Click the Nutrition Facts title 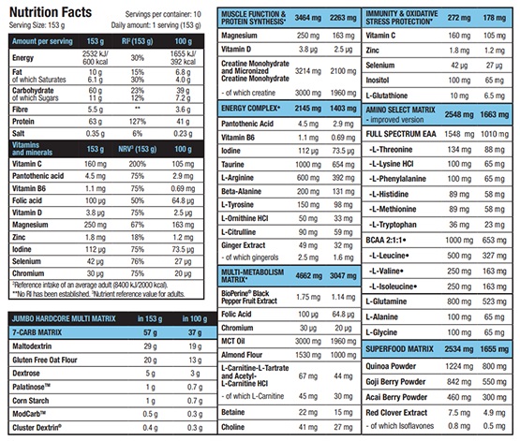(51, 12)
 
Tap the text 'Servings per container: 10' (163, 14)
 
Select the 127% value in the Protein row (138, 122)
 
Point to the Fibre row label (20, 110)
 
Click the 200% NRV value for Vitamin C (138, 164)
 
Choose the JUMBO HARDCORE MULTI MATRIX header (64, 318)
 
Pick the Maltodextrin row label (32, 346)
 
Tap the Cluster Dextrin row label (37, 427)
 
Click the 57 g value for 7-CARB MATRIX (150, 332)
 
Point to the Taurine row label (232, 165)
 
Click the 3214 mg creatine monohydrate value (308, 71)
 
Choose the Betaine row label (232, 412)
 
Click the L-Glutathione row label (387, 96)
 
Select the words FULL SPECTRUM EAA (401, 134)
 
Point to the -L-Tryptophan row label (393, 225)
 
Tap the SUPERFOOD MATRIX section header (400, 349)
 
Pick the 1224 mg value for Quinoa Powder (459, 366)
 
